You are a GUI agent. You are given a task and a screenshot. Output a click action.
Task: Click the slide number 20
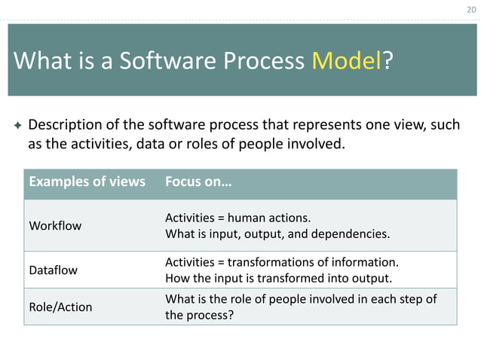tap(471, 10)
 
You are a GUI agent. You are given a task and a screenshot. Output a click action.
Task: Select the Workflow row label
tap(55, 225)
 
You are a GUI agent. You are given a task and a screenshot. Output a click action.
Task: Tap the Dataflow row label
tap(54, 268)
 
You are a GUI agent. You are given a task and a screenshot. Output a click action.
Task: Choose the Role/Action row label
tap(60, 307)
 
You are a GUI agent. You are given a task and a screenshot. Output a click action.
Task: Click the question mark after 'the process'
tap(230, 315)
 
